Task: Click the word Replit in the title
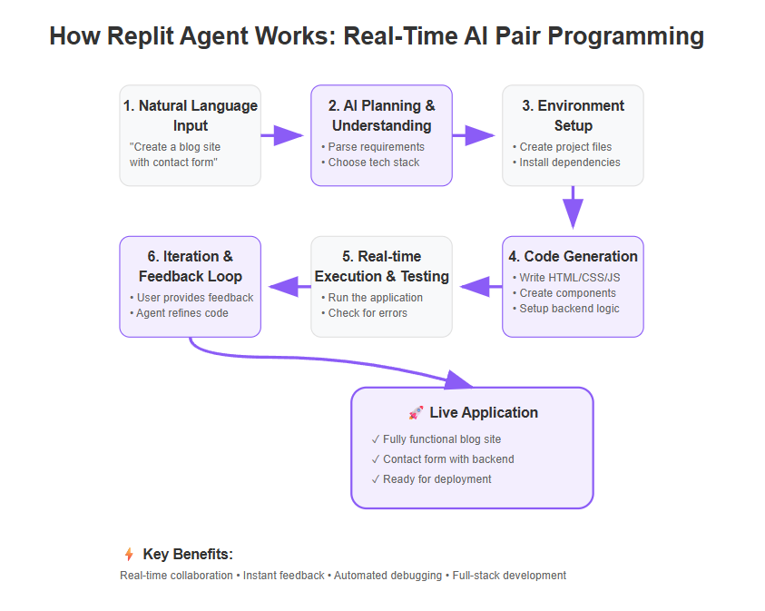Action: click(x=141, y=36)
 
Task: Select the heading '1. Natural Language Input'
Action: click(x=191, y=115)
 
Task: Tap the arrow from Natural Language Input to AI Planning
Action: click(x=282, y=135)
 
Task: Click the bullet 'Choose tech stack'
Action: click(x=374, y=163)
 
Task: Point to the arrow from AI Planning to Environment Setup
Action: click(x=473, y=135)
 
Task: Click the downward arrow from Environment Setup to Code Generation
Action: click(x=574, y=207)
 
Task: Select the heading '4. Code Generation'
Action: click(x=573, y=257)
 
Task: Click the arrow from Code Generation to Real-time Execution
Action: click(x=481, y=287)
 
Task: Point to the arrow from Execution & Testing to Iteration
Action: click(x=289, y=287)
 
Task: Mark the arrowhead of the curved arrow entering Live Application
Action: click(x=458, y=379)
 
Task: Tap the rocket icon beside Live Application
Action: click(x=416, y=413)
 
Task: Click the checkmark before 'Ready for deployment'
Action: click(x=375, y=479)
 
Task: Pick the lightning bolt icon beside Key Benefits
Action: click(x=129, y=555)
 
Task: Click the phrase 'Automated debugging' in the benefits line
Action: click(x=387, y=576)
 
